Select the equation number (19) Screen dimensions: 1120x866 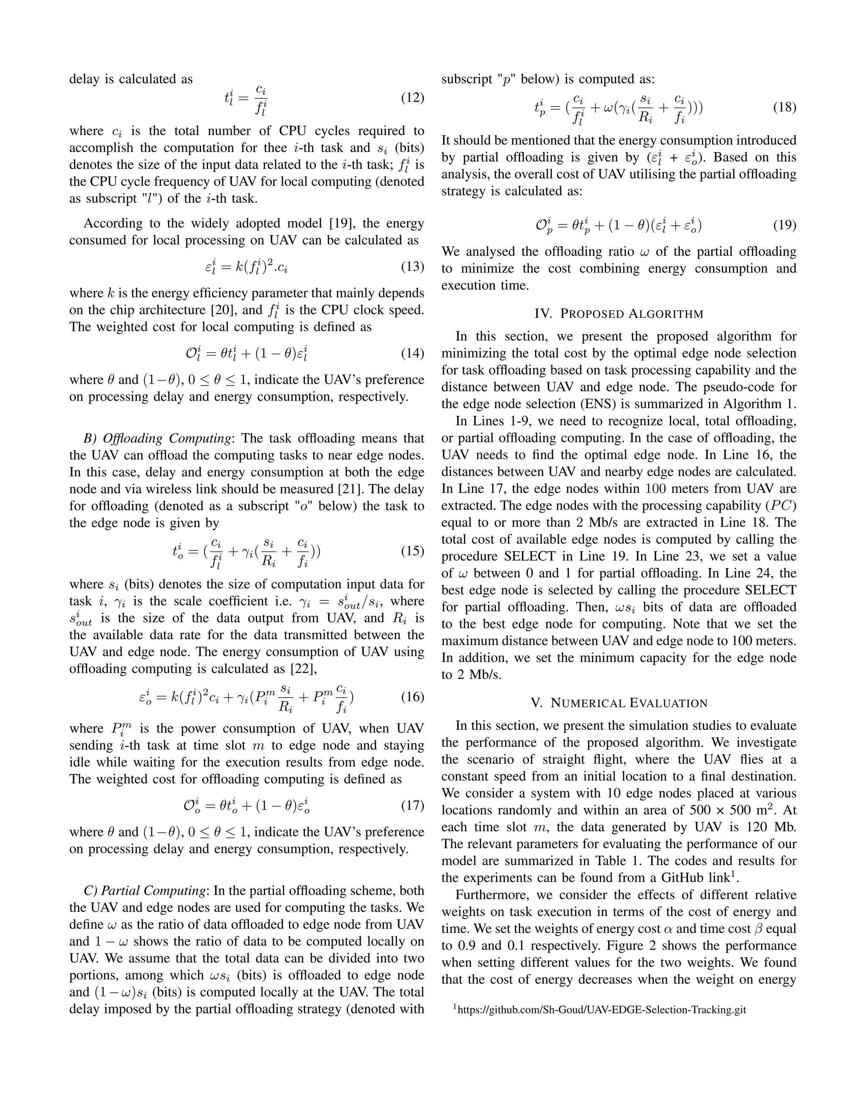point(784,224)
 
